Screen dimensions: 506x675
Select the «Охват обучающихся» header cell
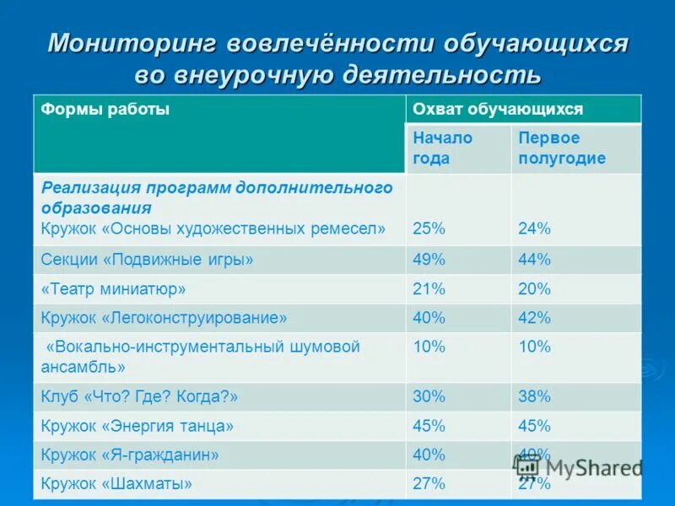(497, 110)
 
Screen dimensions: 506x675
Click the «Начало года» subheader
(442, 148)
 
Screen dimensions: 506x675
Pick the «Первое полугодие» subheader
(561, 148)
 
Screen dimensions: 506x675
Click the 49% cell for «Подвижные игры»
(429, 260)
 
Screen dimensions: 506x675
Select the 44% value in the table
(534, 260)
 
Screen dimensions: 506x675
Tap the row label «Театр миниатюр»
(113, 289)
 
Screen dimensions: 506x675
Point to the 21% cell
(429, 289)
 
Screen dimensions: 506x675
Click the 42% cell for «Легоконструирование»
(534, 318)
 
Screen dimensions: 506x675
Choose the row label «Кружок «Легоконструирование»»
(164, 318)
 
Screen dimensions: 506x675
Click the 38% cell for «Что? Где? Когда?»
(534, 396)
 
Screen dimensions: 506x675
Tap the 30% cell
(429, 396)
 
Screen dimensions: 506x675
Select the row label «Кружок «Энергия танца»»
(137, 426)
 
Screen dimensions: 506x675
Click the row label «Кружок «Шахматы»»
(116, 484)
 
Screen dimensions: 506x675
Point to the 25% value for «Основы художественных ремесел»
(429, 228)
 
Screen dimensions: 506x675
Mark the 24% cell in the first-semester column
(534, 228)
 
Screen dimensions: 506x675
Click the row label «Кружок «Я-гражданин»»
(130, 455)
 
